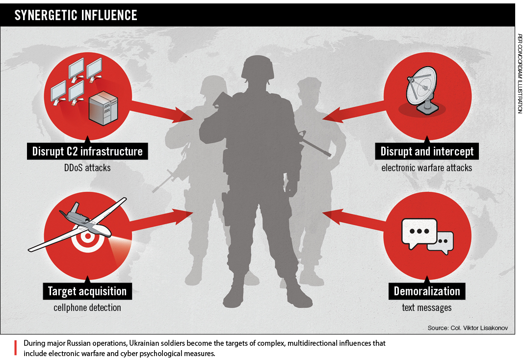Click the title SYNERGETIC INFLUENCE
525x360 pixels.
(76, 15)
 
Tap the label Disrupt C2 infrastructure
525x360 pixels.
(87, 151)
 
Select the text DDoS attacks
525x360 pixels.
(87, 167)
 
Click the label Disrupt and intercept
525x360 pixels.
(427, 151)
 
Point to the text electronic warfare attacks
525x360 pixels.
(426, 167)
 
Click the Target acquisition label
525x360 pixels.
(87, 291)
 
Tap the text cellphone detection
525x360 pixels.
(87, 307)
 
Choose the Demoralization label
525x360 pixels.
(427, 291)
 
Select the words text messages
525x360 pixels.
(426, 307)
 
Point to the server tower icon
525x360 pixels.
(103, 108)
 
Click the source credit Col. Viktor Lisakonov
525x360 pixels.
(468, 328)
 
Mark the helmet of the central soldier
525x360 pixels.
(258, 69)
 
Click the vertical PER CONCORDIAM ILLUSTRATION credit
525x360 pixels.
(520, 74)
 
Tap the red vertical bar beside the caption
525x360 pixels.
(15, 348)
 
